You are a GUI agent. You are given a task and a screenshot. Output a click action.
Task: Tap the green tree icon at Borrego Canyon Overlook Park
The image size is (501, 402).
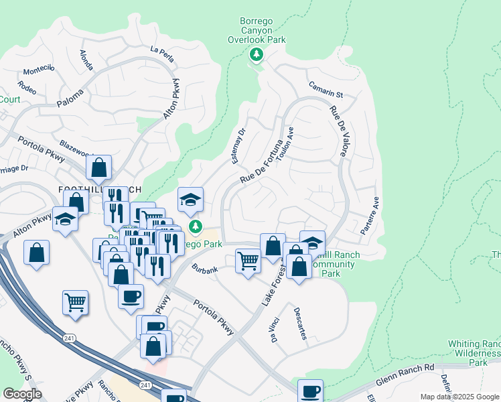point(255,54)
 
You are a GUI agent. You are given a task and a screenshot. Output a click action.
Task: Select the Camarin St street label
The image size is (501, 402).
point(326,89)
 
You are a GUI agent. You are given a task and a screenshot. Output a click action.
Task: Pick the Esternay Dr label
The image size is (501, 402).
point(238,146)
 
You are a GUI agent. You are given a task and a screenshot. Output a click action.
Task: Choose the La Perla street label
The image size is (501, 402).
point(162,53)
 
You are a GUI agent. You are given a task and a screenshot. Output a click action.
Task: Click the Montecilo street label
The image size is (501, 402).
point(38,71)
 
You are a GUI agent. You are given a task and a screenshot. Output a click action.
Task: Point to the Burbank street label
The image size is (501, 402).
point(204,270)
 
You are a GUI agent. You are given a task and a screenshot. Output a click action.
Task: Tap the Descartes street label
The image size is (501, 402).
point(299,323)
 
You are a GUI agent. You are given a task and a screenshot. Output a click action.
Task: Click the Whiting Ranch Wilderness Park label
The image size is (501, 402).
point(477,352)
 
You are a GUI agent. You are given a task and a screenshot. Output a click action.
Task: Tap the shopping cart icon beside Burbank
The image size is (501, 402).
point(248,259)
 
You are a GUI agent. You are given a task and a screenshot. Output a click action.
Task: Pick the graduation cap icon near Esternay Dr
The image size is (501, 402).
point(190,199)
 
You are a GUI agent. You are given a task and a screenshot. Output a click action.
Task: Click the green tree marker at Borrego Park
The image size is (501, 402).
point(196,227)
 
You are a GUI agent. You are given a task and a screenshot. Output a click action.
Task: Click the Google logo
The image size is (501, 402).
point(22,394)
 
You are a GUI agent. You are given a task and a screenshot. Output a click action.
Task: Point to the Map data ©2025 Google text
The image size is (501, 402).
point(459,397)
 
